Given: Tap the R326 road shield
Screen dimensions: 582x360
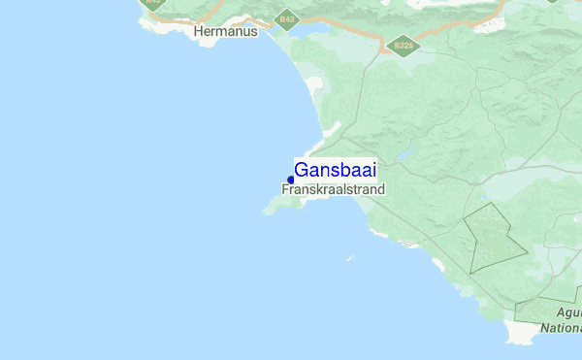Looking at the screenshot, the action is tap(400, 45).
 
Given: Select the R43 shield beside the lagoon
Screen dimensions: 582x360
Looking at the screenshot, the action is tap(285, 19).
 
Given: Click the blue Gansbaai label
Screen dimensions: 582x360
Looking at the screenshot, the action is tap(335, 170).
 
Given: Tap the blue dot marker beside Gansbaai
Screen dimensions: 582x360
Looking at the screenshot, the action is tap(291, 180).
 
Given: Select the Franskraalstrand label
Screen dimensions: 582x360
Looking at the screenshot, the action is tap(333, 190).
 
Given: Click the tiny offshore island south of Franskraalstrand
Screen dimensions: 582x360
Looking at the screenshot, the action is tap(350, 258).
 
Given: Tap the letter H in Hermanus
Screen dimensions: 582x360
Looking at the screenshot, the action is tap(199, 31).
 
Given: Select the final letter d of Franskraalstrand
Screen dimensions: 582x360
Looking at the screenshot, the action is tap(381, 190).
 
